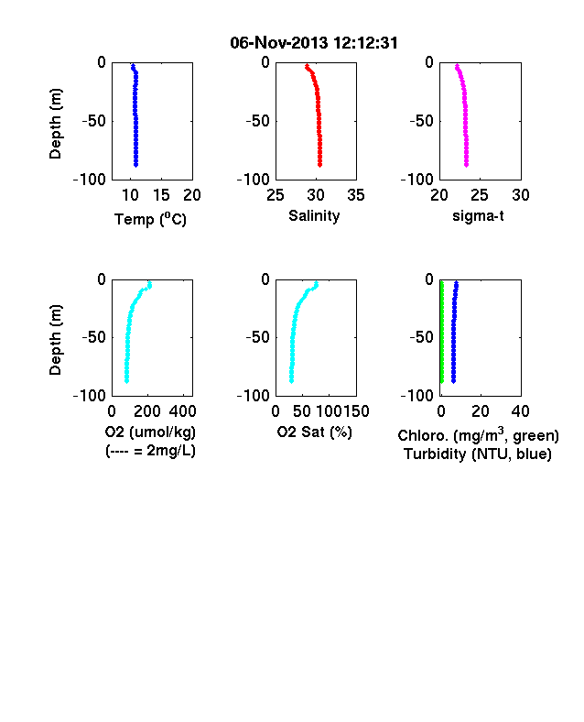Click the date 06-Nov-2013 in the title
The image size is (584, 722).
coord(278,43)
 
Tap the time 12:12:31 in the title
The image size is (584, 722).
coord(365,43)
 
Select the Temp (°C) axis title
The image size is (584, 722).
coord(150,219)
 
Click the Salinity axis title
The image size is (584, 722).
coord(314,216)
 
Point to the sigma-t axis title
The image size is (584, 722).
coord(478,215)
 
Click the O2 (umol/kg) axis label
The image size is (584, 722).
coord(150,432)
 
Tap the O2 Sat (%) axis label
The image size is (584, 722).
coord(315,432)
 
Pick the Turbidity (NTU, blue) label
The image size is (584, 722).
coord(478,454)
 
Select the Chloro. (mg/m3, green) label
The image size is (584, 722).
coord(478,434)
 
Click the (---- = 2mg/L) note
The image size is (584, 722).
coord(150,450)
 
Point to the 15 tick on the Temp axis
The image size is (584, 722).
coord(161,195)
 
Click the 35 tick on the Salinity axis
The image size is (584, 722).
coord(356,195)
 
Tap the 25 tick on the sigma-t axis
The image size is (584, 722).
coord(479,195)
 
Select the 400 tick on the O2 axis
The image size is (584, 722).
coord(182,411)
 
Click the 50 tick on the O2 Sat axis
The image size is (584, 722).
coord(302,411)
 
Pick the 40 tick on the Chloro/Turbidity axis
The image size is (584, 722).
coord(520,411)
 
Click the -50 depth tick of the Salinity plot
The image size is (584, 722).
coord(257,121)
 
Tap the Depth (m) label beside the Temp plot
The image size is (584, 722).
coord(55,124)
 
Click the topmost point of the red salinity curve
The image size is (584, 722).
coord(308,67)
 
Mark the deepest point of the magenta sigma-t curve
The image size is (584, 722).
coord(466,164)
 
